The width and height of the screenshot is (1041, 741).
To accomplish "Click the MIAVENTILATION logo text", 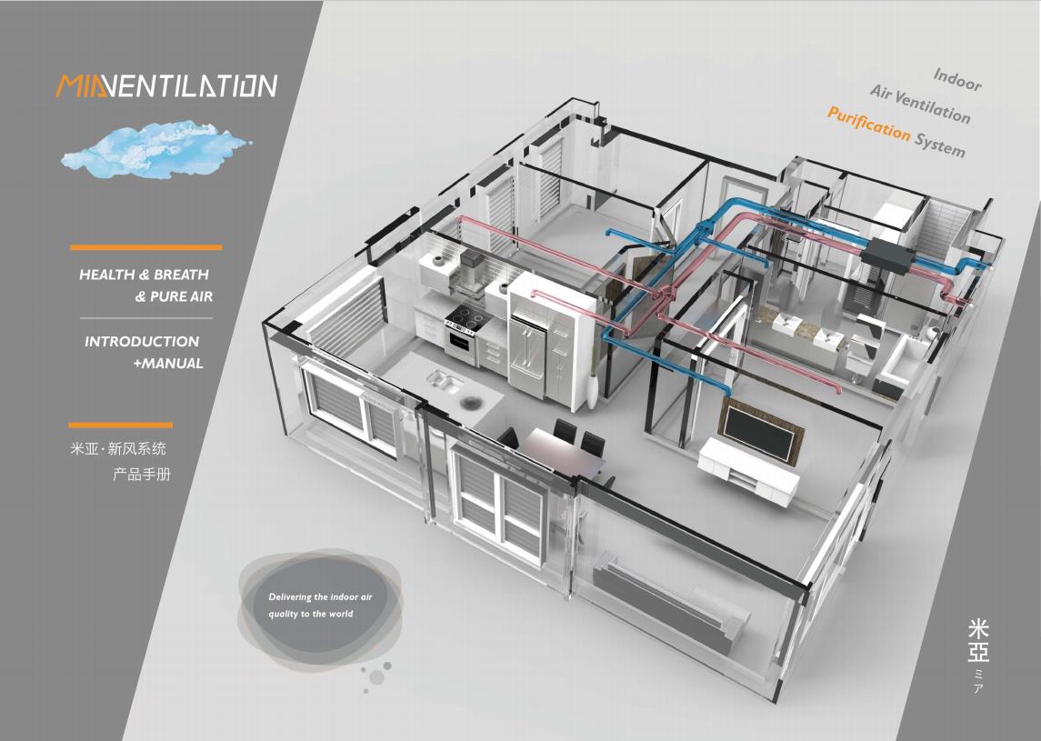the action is (x=166, y=86).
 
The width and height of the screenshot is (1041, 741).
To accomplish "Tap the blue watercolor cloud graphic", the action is (x=156, y=150).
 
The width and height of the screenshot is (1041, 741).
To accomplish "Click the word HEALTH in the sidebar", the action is (x=107, y=275).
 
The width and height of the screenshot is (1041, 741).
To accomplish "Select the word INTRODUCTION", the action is (x=142, y=342).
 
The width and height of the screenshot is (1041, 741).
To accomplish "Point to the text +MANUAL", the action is (x=168, y=364).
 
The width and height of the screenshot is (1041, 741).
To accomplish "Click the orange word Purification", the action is (x=869, y=122).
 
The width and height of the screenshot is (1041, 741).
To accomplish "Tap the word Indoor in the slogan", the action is (x=957, y=79).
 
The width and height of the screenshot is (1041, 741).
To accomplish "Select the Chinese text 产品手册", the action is (x=142, y=474).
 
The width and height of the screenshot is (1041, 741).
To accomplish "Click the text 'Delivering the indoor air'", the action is (x=321, y=597).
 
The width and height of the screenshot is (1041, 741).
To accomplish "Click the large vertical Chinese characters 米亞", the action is (x=978, y=641).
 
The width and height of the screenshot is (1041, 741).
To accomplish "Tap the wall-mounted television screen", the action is (x=761, y=431).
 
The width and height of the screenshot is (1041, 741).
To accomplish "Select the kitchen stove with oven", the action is (x=465, y=336).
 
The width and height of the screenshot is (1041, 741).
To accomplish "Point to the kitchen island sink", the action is (x=445, y=381).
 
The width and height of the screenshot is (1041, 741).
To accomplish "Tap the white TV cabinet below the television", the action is (x=748, y=472).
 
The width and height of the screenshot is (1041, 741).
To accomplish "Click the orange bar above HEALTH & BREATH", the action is (x=146, y=247).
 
